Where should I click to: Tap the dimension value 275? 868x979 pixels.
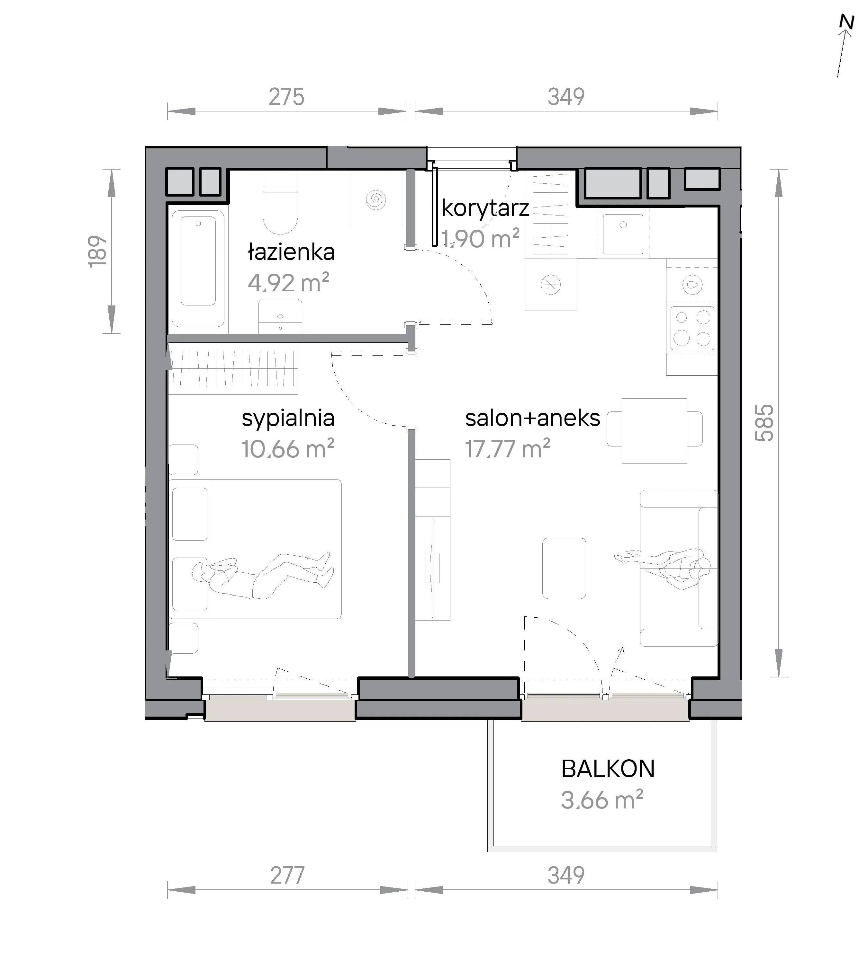coord(286,97)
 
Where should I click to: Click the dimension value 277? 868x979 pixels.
coord(287,876)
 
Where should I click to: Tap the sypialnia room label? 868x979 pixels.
coord(288,419)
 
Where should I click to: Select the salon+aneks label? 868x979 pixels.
coord(532,418)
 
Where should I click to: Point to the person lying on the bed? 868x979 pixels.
coord(263,575)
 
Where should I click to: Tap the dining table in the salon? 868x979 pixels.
coord(654,431)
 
